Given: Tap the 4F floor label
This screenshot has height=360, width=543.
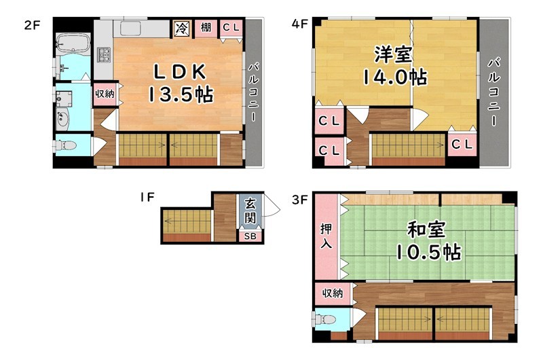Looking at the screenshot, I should point(299,22).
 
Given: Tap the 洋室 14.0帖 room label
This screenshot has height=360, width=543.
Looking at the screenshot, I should point(394,66).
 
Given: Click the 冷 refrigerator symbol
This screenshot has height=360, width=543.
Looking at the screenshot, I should point(182,28).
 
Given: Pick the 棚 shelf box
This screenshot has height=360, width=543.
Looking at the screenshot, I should point(205,28).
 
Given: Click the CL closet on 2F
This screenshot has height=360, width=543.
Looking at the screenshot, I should point(230,28).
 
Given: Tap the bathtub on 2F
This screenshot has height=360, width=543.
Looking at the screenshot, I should point(71,44).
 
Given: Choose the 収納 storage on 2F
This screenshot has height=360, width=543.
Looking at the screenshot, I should point(105,94).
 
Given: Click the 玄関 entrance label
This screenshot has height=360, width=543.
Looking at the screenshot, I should point(250,211).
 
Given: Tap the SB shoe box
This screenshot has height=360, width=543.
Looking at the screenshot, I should point(249,236).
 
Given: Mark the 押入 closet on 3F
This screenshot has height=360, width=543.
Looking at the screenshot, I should point(326,235).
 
